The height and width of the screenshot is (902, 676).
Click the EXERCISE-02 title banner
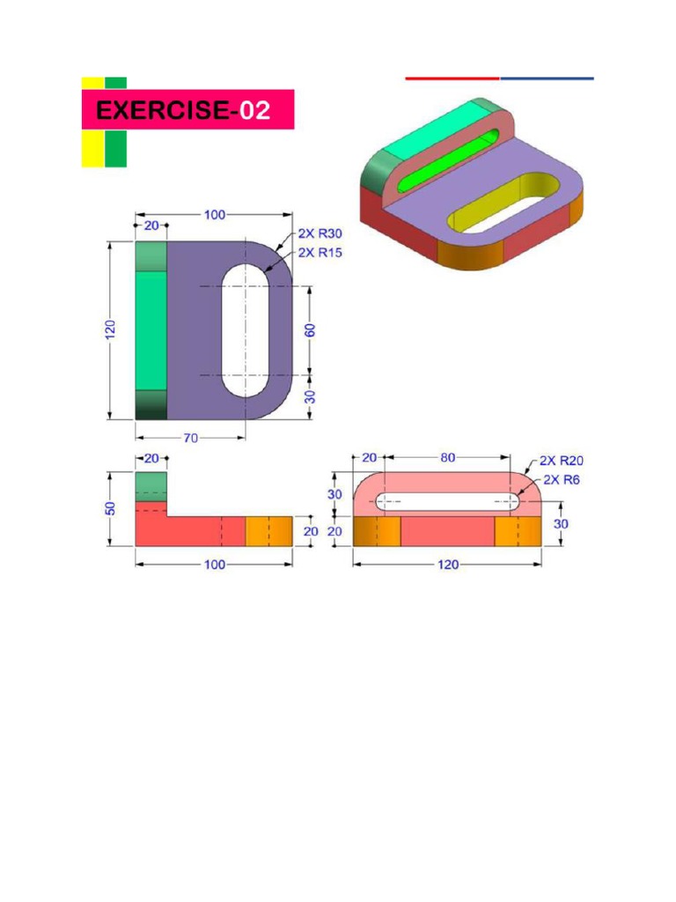coord(187,110)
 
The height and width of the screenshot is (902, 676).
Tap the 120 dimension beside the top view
coord(110,329)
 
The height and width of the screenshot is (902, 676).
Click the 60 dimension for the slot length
coord(311,330)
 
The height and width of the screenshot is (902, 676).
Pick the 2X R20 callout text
coord(561,461)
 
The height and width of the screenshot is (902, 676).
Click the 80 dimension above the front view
coord(448,458)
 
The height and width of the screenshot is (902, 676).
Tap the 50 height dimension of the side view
coord(111,510)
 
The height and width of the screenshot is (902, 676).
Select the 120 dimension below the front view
coord(448,565)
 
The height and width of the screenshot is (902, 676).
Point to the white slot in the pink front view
coord(448,502)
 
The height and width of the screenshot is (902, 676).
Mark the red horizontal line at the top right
coord(452,78)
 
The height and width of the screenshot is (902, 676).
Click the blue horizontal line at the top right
coord(547,78)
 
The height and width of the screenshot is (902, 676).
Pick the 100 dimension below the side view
coord(214,565)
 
